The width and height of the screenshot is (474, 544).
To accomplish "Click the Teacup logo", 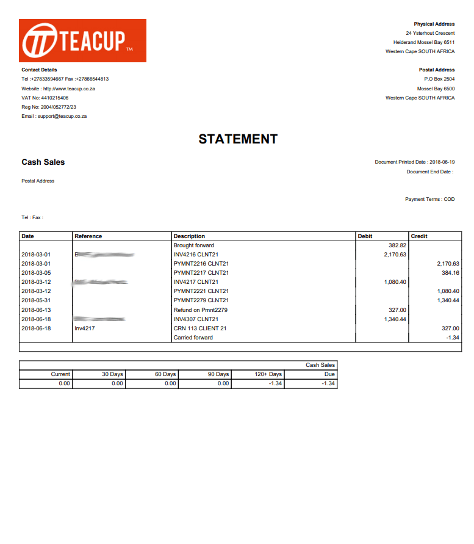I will coord(82,40).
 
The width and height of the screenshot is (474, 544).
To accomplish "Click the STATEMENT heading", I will coord(238,139).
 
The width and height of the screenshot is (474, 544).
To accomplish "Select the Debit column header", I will coord(365,236).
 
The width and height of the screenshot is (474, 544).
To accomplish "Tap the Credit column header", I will coord(419,236).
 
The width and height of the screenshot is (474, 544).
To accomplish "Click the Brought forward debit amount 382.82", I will coord(397,245).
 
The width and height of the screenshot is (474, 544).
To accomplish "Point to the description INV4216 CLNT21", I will coord(196,255).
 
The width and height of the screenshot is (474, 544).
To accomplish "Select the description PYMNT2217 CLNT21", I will coord(201,273).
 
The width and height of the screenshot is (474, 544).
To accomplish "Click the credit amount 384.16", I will coord(450,273).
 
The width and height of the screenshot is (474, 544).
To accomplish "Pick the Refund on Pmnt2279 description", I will coord(201,310).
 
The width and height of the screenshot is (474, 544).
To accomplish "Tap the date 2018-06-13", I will coord(36,310).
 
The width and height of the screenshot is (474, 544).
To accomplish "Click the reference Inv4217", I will coord(84,328).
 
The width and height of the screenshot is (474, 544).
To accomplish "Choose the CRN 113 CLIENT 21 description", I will coord(200,328).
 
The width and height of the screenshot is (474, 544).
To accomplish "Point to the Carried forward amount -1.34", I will coord(452,338).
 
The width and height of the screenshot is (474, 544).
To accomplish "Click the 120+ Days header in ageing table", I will coord(268,374).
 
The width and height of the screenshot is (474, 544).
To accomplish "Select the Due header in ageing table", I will coord(330,374).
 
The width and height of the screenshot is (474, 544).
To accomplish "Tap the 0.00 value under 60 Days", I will coord(170,383).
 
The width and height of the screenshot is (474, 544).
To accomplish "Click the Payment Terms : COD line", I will coord(429,199).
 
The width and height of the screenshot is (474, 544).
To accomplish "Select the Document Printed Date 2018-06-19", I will coord(415,162).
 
